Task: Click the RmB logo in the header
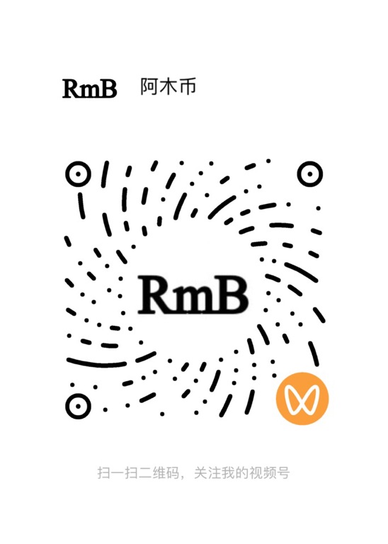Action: click(89, 89)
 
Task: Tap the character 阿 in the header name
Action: click(149, 86)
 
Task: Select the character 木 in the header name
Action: click(168, 86)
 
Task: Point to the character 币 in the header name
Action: click(187, 86)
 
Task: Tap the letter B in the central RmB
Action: click(232, 295)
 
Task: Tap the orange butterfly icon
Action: click(302, 398)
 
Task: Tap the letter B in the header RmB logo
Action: click(108, 89)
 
